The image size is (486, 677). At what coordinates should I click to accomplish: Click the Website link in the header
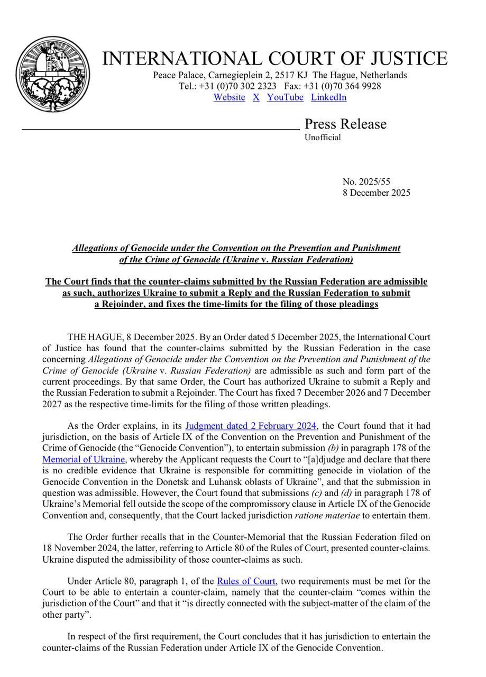[x=229, y=97]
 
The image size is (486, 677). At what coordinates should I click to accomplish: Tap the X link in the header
[x=256, y=97]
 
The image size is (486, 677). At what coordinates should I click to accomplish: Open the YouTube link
[x=285, y=97]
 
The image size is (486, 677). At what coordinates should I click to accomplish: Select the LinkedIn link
[x=328, y=97]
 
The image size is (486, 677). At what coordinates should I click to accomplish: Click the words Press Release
[x=345, y=124]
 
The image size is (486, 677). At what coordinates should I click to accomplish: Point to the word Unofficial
[x=323, y=138]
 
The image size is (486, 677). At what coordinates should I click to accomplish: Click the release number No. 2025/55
[x=366, y=182]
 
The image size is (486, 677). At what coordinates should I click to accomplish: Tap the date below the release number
[x=376, y=193]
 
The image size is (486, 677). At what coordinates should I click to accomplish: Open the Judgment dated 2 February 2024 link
[x=251, y=426]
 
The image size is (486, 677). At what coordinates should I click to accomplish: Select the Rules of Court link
[x=246, y=581]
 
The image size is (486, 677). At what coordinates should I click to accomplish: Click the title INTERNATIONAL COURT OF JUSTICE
[x=274, y=59]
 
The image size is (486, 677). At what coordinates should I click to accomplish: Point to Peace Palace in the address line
[x=178, y=75]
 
